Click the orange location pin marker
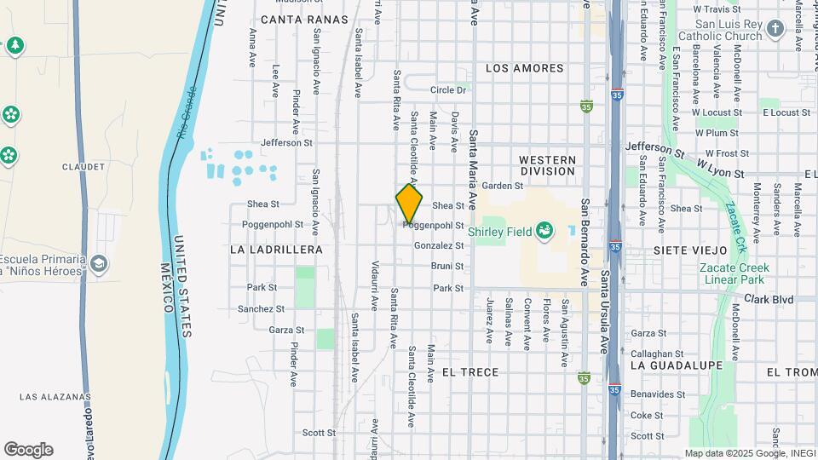[409, 204]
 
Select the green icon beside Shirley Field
[544, 230]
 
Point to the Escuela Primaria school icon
[100, 264]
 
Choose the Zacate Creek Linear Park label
[734, 273]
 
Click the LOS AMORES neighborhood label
[525, 68]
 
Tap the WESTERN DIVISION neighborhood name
[547, 165]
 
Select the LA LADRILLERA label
[276, 250]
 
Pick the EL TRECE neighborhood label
[470, 372]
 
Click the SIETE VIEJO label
[690, 250]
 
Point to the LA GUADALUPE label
[677, 365]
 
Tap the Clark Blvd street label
[769, 300]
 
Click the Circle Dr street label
[448, 89]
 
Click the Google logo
[28, 450]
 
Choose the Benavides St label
[658, 394]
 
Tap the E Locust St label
[786, 112]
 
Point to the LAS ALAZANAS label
[55, 397]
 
